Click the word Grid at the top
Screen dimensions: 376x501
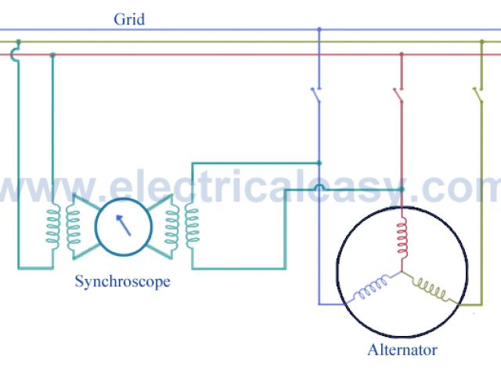(x=128, y=20)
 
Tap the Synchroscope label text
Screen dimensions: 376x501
(x=122, y=280)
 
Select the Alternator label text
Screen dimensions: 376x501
(x=402, y=349)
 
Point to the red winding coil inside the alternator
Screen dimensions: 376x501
(x=402, y=238)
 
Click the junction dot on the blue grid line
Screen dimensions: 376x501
(x=319, y=30)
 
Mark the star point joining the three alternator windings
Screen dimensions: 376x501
(x=402, y=273)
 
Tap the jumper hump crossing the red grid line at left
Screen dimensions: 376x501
(x=16, y=55)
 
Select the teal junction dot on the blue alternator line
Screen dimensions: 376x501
(x=319, y=163)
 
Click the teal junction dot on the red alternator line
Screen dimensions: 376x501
(x=402, y=190)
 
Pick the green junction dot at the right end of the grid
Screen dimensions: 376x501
(x=480, y=42)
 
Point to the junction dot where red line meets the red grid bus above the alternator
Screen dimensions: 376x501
(x=402, y=55)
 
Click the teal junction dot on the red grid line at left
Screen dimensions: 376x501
(x=52, y=55)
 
